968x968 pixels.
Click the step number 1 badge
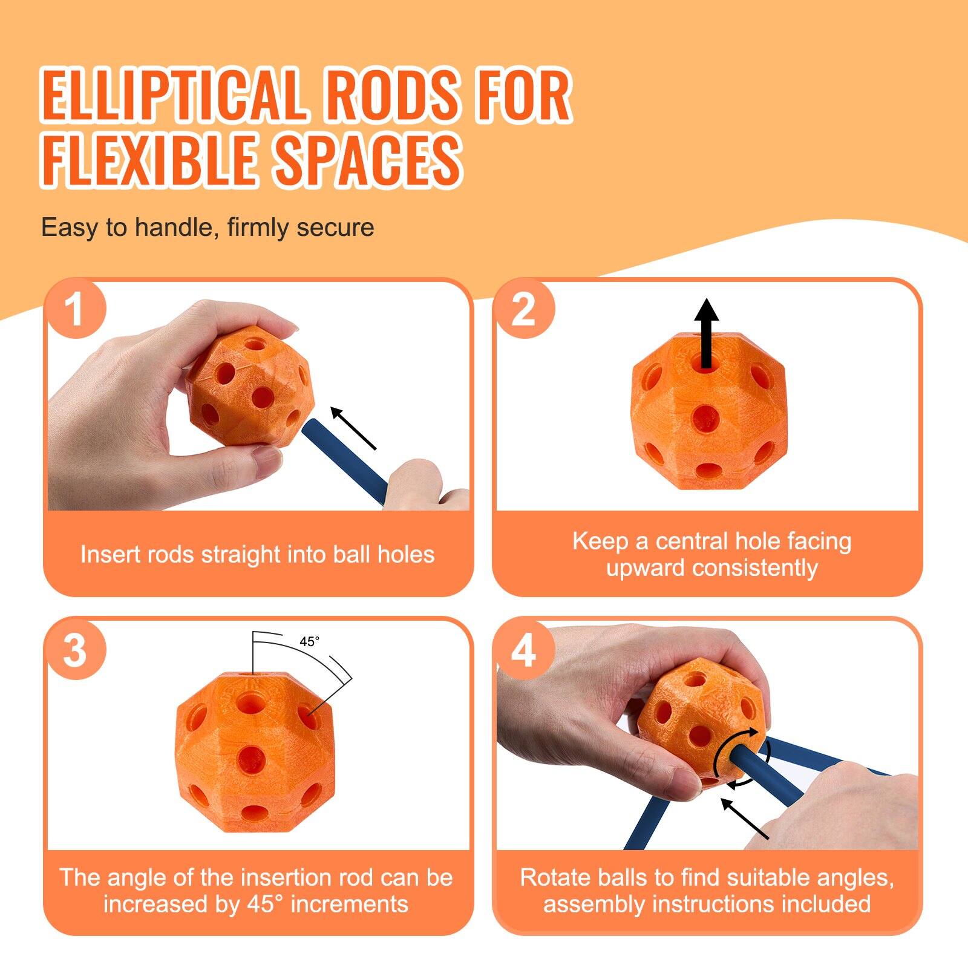tap(75, 310)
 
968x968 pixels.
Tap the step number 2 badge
tap(524, 310)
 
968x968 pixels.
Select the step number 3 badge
tap(75, 650)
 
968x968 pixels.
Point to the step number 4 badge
tap(524, 650)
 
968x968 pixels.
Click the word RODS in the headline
tap(393, 96)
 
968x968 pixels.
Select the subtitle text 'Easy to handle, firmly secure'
tap(208, 228)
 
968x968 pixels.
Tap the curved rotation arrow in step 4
tap(742, 756)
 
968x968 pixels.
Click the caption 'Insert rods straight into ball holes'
tap(258, 554)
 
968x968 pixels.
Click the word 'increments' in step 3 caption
tap(349, 904)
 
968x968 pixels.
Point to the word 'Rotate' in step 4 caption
tap(557, 877)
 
